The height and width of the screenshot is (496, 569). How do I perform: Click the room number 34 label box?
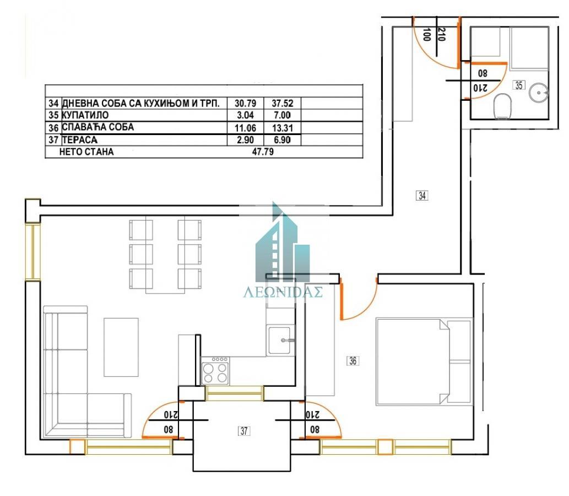click(422, 195)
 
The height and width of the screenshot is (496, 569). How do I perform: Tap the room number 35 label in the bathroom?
click(519, 85)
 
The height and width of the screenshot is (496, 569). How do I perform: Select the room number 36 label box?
click(353, 361)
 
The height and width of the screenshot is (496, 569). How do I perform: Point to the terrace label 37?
click(243, 432)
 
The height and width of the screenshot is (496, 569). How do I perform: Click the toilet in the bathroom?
click(502, 106)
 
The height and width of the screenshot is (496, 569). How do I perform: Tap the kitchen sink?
click(280, 339)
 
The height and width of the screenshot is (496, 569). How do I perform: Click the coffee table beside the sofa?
click(121, 347)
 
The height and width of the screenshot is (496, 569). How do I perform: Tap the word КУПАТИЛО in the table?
click(85, 115)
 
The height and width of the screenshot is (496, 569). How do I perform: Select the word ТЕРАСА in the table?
click(79, 140)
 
